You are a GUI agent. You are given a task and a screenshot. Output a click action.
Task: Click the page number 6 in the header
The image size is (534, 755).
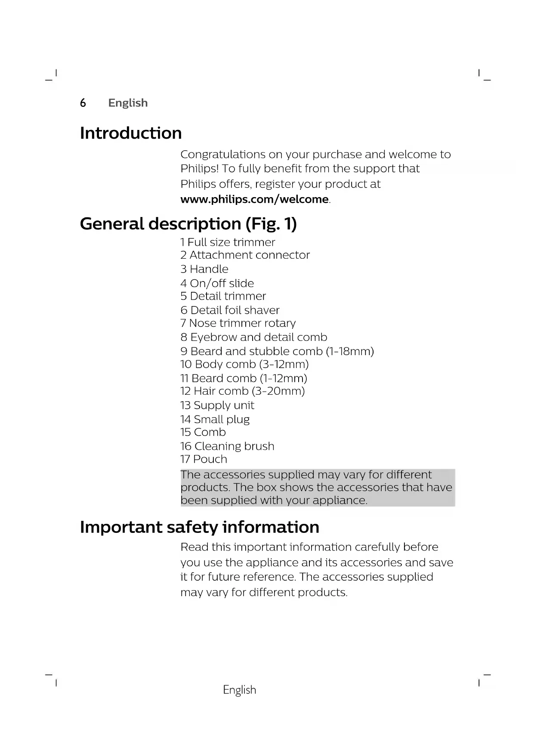tap(83, 103)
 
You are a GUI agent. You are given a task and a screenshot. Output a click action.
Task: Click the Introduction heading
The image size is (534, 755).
tap(131, 133)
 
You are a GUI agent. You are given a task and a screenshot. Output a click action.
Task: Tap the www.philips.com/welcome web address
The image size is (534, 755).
tap(255, 199)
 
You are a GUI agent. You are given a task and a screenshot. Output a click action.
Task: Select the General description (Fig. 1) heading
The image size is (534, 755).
tap(188, 224)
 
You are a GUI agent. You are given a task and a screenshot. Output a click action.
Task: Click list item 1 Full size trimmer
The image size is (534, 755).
tap(228, 242)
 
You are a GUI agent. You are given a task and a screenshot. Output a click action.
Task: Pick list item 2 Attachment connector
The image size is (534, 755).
tap(245, 255)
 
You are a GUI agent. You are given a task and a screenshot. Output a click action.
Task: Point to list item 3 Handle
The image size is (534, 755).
tap(204, 269)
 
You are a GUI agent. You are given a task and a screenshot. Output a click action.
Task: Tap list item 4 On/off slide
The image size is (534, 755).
tap(217, 283)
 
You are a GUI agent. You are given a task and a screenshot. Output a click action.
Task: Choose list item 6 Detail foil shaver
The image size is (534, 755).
tap(230, 310)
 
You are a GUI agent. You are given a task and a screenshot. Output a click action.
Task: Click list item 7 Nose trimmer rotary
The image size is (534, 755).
tap(238, 323)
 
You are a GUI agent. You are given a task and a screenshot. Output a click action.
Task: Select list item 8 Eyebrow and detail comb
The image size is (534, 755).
tap(254, 337)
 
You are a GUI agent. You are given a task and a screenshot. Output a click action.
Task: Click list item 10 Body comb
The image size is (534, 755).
tap(244, 365)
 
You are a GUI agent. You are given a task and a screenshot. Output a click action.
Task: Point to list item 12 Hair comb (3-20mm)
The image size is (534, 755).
tap(242, 391)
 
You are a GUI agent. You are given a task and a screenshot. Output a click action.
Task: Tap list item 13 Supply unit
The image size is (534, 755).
tap(217, 405)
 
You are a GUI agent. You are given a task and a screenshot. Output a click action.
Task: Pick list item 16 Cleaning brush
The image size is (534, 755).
tap(227, 446)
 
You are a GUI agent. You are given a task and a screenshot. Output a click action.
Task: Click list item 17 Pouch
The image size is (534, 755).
tap(204, 459)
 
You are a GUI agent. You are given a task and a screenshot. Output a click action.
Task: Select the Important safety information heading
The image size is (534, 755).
tap(200, 527)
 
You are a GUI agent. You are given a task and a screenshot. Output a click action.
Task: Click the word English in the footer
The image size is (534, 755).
tap(240, 690)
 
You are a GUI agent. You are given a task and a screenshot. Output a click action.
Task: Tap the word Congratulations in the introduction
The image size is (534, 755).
tap(222, 155)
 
